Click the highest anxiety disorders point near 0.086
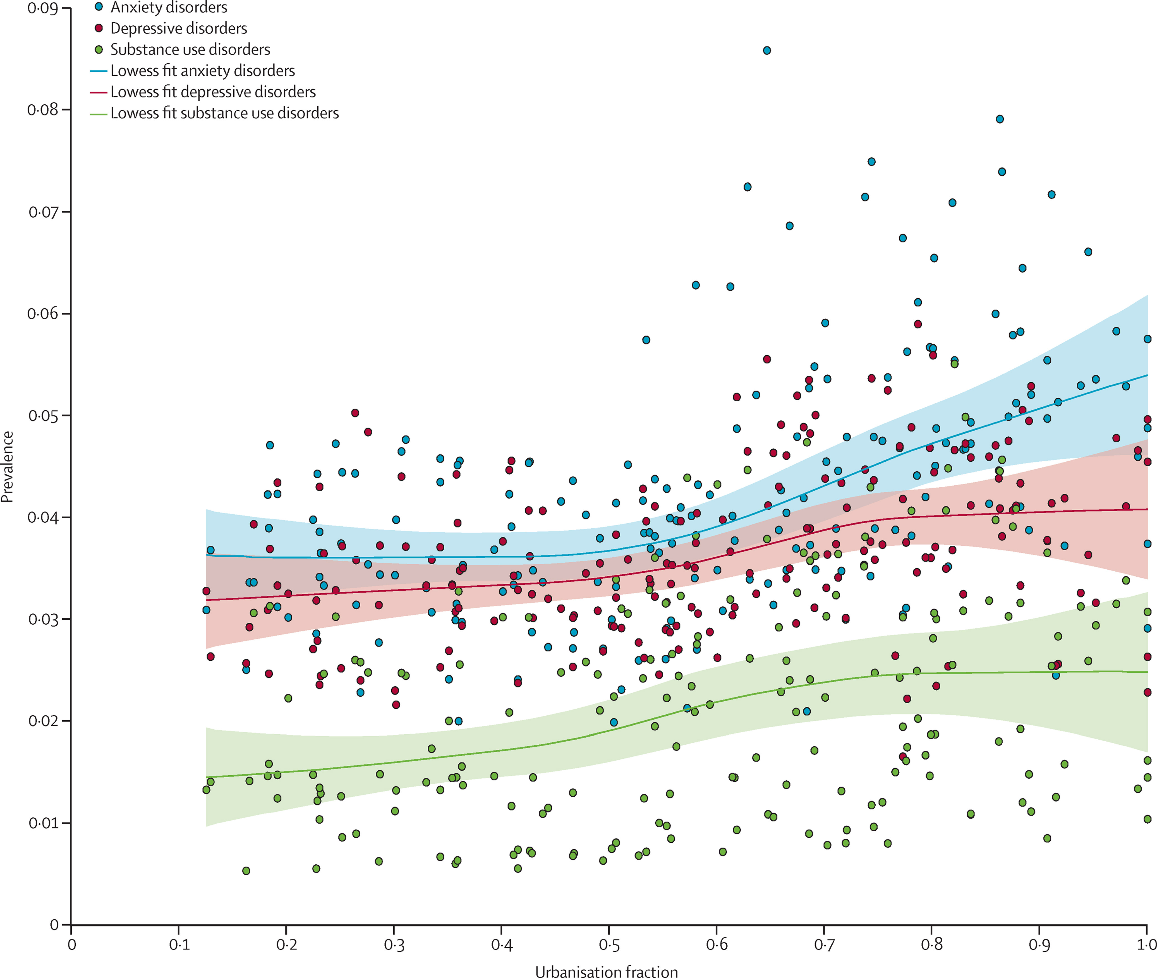767,51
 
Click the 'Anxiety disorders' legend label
169,8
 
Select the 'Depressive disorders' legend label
179,28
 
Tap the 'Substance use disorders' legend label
190,49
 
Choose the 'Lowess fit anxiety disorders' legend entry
202,70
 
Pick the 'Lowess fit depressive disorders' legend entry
213,92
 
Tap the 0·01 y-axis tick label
43,823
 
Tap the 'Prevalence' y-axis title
7,467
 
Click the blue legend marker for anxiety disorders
99,7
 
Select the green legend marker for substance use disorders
99,49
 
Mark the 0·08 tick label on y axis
43,110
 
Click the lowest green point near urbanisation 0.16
246,871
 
